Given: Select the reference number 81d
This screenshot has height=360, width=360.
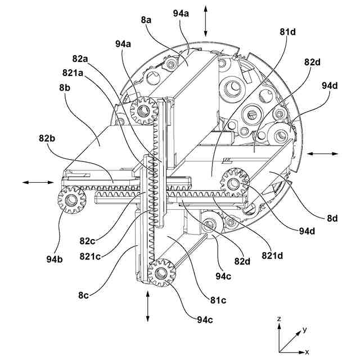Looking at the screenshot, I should [287, 31].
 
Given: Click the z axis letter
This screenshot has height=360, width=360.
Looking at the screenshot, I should [279, 318].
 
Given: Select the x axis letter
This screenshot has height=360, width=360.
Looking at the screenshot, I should [307, 351].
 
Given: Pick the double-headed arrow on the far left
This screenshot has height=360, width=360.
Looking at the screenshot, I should [39, 182].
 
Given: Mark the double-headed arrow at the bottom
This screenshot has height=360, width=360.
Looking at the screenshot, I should [148, 307].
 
